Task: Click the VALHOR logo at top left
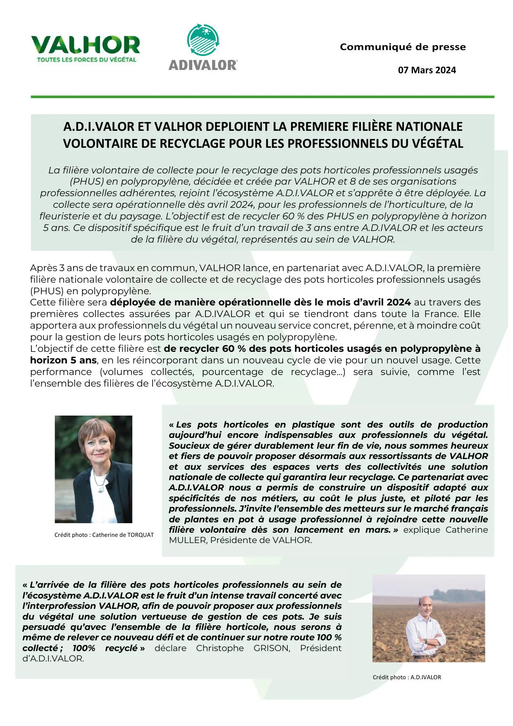(x=86, y=45)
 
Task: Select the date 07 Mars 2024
(x=427, y=70)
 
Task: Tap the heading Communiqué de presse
(x=403, y=47)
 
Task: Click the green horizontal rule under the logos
(x=262, y=97)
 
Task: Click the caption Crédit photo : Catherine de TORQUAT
(x=104, y=535)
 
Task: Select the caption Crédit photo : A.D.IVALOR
(x=407, y=677)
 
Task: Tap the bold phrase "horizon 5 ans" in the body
(x=63, y=361)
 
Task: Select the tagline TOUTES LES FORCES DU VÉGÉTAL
(x=86, y=60)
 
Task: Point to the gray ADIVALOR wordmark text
(x=203, y=65)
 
